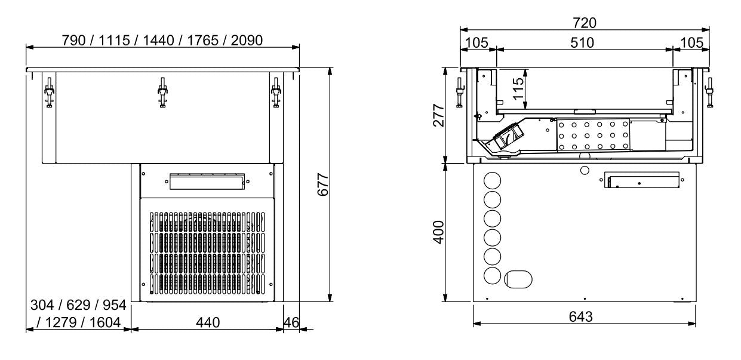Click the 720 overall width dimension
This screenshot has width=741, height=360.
(x=584, y=23)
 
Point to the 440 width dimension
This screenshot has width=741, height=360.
(x=206, y=322)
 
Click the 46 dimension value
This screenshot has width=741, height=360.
(x=291, y=322)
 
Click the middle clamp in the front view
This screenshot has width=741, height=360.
(x=162, y=93)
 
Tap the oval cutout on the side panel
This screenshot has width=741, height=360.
(x=517, y=278)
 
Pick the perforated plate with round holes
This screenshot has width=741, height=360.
(x=593, y=136)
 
